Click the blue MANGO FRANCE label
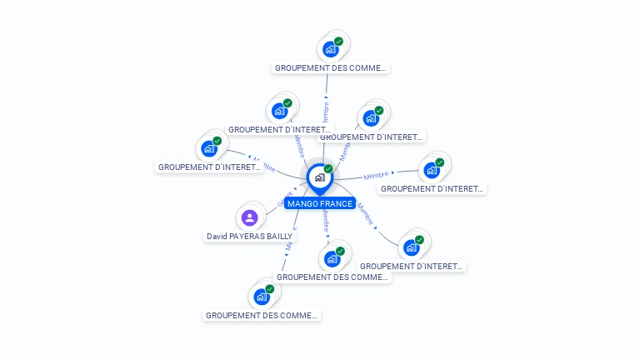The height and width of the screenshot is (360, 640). (x=319, y=203)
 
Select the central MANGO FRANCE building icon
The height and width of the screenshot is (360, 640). (x=319, y=177)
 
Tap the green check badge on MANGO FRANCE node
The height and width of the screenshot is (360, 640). (x=328, y=168)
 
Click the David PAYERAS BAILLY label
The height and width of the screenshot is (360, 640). (x=249, y=236)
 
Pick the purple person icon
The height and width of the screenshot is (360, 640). (x=249, y=218)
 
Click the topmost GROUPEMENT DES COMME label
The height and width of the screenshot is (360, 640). (x=332, y=67)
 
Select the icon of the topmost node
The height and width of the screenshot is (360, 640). (x=330, y=49)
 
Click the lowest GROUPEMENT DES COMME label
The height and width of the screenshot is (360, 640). (x=262, y=315)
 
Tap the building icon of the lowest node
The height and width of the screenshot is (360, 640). (x=262, y=297)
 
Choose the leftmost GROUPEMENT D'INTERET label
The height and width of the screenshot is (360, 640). (x=209, y=167)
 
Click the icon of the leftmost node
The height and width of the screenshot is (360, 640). (x=208, y=149)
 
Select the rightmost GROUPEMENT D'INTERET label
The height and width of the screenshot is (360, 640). (x=432, y=188)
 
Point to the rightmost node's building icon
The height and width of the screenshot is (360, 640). (x=431, y=171)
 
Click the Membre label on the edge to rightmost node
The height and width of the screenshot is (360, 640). (x=377, y=176)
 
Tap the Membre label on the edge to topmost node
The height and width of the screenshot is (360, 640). (x=326, y=113)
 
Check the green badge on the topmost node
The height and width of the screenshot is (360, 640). (x=338, y=41)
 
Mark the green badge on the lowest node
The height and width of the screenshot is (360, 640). (x=270, y=288)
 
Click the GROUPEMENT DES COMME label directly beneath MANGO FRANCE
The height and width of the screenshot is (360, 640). (x=332, y=277)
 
